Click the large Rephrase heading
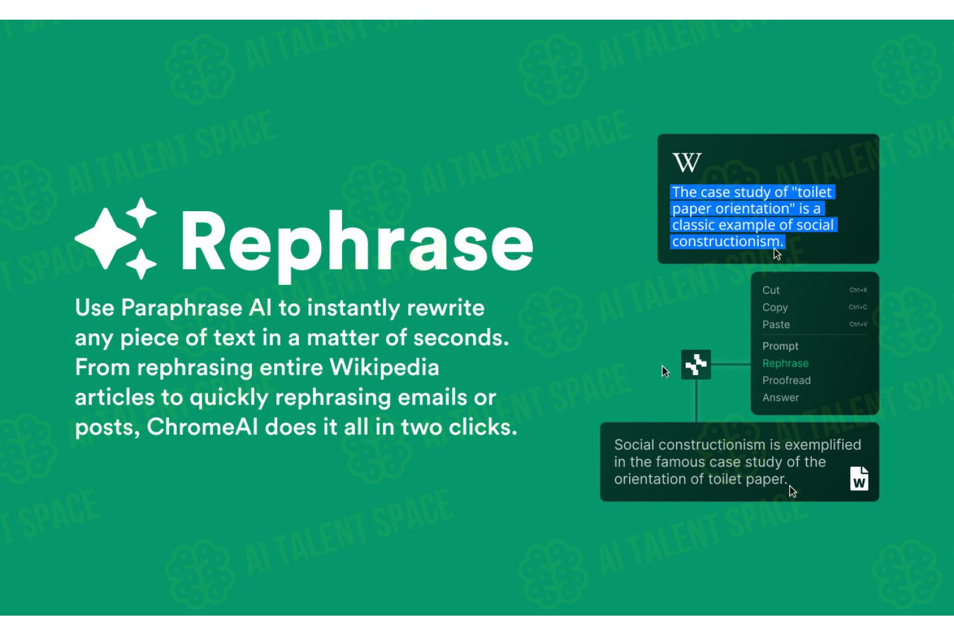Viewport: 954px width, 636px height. point(357,245)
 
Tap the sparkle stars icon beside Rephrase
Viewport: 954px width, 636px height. point(116,238)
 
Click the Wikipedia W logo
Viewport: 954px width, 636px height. point(687,162)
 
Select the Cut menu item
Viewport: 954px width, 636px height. point(771,290)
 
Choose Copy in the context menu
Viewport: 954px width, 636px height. point(775,308)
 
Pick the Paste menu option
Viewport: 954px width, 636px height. point(776,324)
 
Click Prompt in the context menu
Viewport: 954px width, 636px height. point(780,347)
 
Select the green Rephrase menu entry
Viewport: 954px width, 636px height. point(785,363)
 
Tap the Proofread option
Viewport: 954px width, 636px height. point(787,380)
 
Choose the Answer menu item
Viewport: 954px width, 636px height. point(780,397)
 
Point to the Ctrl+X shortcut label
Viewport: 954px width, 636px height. point(858,290)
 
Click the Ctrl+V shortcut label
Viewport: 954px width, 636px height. point(858,324)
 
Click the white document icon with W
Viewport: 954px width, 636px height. point(859,478)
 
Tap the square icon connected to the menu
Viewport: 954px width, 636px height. point(696,364)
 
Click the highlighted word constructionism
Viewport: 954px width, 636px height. point(728,242)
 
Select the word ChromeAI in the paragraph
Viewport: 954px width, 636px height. point(202,427)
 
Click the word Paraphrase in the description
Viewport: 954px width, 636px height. point(181,308)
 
